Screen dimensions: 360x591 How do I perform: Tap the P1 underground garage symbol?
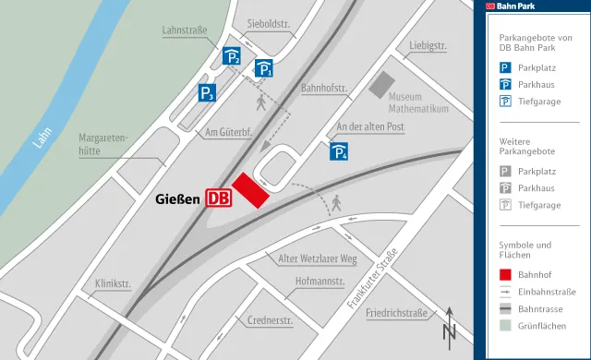pos(264,66)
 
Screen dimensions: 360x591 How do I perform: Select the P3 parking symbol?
pos(207,92)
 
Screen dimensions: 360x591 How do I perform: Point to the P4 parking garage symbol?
pos(339,151)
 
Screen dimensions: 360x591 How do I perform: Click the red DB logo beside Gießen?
pos(219,198)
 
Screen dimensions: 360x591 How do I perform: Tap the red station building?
pos(250,190)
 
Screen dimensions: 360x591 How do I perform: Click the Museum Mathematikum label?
pos(418,102)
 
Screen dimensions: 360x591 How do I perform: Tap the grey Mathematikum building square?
pos(381,86)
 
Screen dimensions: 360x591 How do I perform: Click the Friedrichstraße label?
pos(396,313)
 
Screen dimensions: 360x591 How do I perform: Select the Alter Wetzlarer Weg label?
pos(317,259)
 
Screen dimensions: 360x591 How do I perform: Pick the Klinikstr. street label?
pos(115,283)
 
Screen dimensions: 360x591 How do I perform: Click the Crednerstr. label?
pos(270,321)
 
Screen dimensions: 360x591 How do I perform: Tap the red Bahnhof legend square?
pos(505,273)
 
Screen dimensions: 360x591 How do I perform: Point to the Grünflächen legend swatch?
pos(505,325)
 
